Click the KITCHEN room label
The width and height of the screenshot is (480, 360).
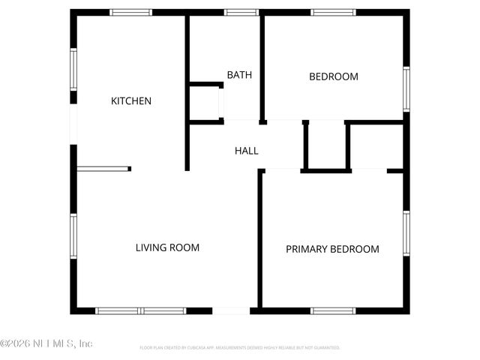[131, 101]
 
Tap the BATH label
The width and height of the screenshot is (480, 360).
[239, 75]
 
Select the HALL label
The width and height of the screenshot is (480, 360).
[246, 151]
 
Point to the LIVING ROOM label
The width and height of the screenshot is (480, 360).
[167, 247]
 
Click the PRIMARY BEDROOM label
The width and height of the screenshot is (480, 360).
[332, 249]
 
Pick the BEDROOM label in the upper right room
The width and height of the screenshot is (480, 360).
[334, 76]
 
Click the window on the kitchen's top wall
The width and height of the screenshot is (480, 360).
[130, 12]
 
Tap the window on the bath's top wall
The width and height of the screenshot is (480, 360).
[241, 12]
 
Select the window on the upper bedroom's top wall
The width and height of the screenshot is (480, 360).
[333, 12]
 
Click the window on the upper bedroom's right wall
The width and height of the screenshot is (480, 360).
[406, 89]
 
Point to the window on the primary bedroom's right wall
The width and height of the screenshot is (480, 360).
[406, 234]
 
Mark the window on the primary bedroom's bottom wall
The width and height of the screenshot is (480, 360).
[333, 310]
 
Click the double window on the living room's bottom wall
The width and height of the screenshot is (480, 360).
[141, 310]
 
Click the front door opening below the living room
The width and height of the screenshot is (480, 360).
[231, 310]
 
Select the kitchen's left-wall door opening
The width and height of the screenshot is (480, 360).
[73, 124]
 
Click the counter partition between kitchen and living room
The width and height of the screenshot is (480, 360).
[103, 169]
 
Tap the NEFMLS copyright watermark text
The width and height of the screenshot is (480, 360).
[46, 343]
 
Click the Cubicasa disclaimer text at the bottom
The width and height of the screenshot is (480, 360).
[240, 348]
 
